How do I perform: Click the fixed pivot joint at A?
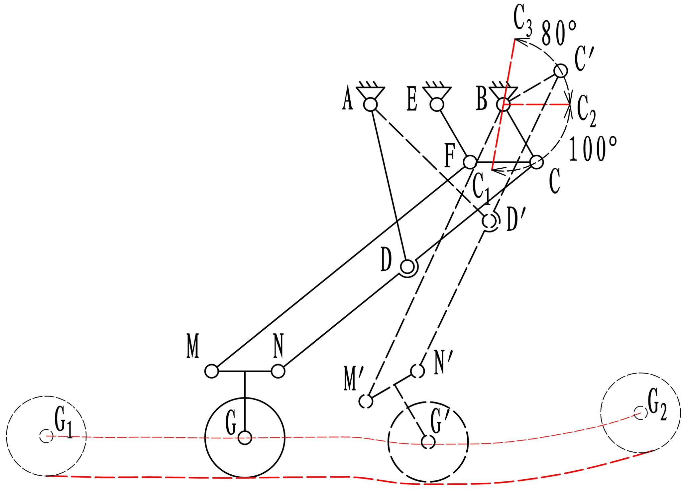[370, 105]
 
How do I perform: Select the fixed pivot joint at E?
[437, 105]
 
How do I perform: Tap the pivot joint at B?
[503, 105]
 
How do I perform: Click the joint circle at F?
[470, 162]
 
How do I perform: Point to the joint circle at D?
[407, 267]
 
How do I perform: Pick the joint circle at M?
[212, 371]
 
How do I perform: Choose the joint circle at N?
[278, 371]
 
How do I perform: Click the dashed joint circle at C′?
[561, 71]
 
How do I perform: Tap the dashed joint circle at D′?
[490, 221]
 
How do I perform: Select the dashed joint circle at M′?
[366, 401]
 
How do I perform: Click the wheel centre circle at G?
[245, 438]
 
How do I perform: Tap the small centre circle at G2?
[640, 413]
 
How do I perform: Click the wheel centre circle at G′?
[428, 442]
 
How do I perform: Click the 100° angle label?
[593, 149]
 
